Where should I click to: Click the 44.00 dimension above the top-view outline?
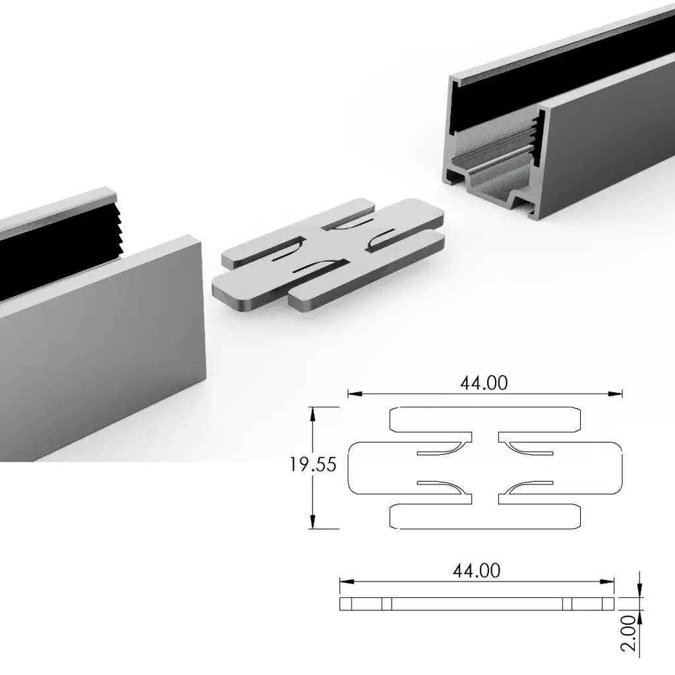click(484, 383)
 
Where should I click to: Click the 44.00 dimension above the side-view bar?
click(477, 570)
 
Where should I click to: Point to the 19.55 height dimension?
click(313, 465)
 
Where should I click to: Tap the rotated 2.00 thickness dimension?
click(630, 633)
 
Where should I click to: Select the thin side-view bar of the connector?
click(477, 603)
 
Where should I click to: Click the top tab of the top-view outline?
click(486, 418)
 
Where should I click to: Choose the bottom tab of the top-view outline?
click(486, 516)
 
